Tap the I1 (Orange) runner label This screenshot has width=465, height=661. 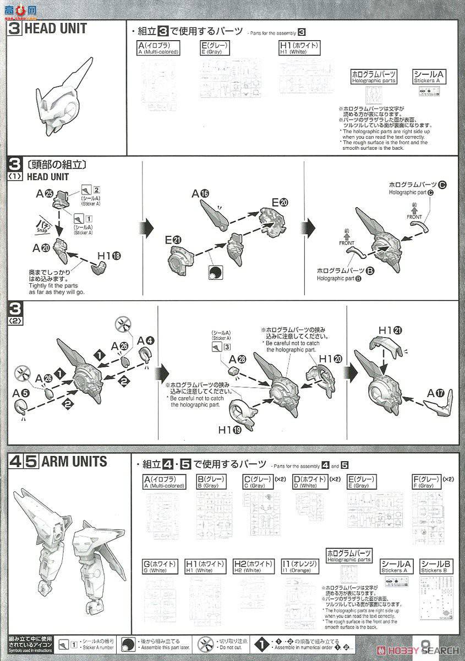point(299,566)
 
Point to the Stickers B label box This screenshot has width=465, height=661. point(436,566)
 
